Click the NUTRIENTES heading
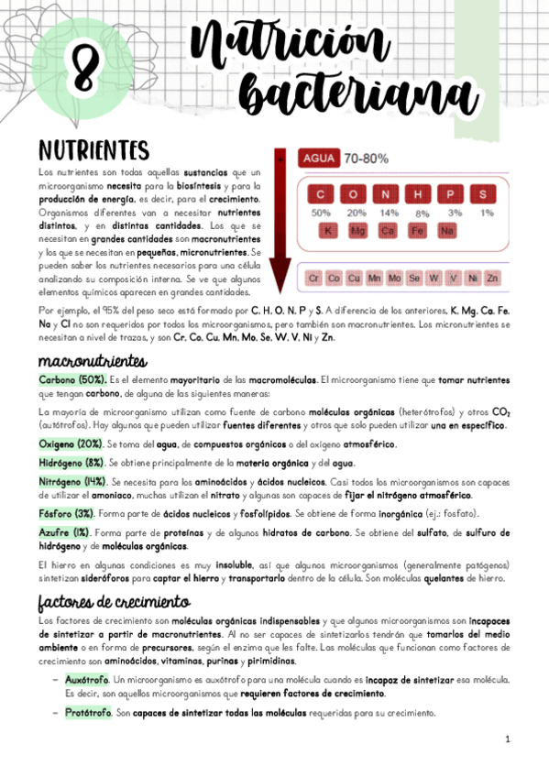[x=95, y=149]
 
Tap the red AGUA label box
[x=318, y=158]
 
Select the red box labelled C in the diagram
[x=321, y=194]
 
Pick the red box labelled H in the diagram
[x=418, y=194]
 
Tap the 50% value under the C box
[x=321, y=213]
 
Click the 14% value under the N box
[x=390, y=213]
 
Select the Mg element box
[x=358, y=230]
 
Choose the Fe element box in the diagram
[x=418, y=230]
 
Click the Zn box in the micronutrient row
[x=492, y=277]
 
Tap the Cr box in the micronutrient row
[x=313, y=277]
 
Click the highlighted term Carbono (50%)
[x=72, y=379]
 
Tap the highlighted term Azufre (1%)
[x=63, y=531]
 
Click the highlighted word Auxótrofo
[x=87, y=680]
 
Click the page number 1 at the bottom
[x=507, y=739]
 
